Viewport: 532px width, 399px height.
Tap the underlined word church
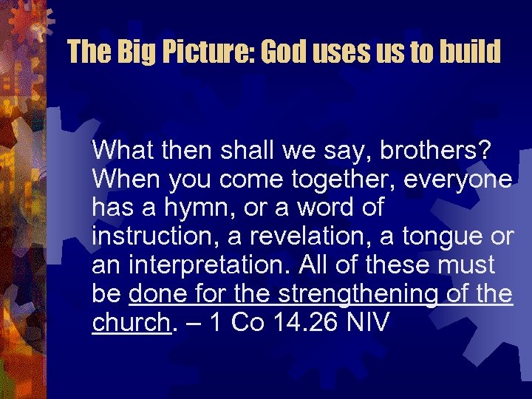click(x=131, y=322)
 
